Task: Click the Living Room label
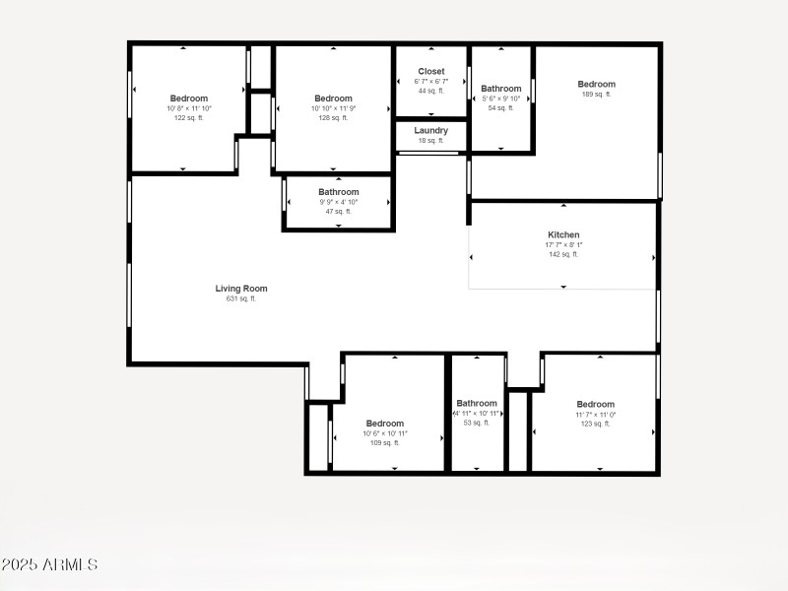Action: point(241,289)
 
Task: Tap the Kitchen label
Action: point(563,234)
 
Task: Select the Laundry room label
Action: point(431,130)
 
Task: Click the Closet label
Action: point(431,71)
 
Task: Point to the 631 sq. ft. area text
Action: point(241,298)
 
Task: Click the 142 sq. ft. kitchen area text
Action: point(563,254)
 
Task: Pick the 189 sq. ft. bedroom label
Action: point(596,85)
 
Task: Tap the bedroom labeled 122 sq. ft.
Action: point(189,98)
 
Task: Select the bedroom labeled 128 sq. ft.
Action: point(333,98)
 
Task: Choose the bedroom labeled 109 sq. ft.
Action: point(384,424)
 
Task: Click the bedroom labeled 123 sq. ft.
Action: point(595,404)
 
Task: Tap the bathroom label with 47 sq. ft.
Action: point(339,192)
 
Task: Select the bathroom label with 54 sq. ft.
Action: point(501,89)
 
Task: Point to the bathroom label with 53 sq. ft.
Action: point(477,403)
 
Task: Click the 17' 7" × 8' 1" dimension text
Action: point(563,244)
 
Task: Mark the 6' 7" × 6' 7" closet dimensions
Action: point(431,81)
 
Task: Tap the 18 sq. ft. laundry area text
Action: point(431,141)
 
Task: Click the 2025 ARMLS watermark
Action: point(49,565)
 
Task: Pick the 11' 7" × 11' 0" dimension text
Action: point(595,414)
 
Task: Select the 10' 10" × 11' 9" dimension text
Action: point(333,108)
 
